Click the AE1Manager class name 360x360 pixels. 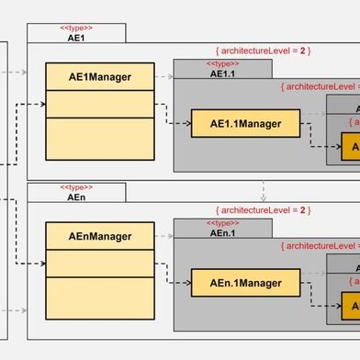100,78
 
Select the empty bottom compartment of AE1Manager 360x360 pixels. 100,138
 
